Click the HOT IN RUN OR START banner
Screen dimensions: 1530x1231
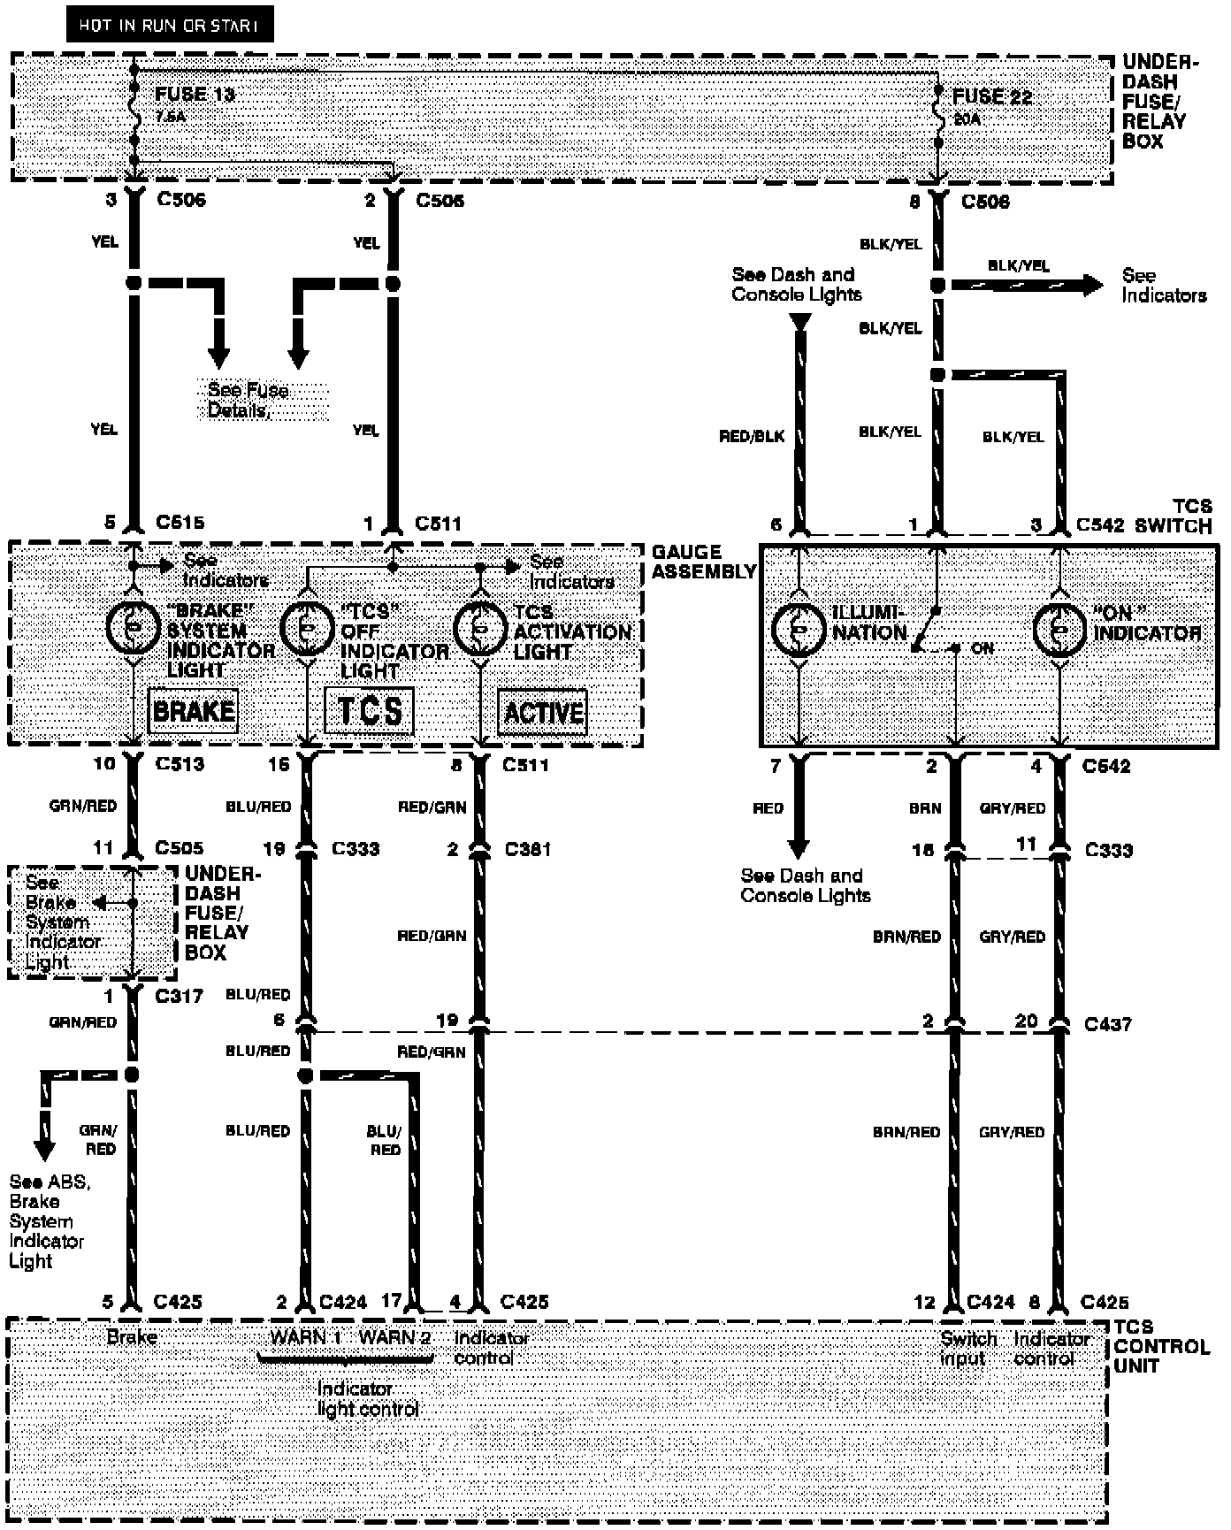pos(169,25)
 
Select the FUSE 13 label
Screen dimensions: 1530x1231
pos(195,94)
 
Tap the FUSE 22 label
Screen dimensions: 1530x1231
pos(992,96)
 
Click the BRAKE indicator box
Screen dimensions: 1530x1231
pos(194,711)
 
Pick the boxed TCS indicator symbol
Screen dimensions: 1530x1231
pos(369,711)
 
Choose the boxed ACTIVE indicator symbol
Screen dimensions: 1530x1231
pos(543,712)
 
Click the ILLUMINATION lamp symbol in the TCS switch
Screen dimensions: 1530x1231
pos(799,629)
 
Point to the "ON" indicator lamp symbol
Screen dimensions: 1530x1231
pos(1059,630)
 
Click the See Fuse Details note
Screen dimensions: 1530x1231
pos(249,401)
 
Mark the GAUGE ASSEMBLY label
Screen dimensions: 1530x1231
pos(704,562)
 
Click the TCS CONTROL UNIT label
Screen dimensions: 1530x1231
pos(1160,1346)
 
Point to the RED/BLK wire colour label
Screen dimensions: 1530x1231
pos(752,437)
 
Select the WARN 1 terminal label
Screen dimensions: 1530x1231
pos(306,1336)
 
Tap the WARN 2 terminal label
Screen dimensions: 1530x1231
pos(394,1336)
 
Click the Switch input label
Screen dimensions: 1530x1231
pos(967,1348)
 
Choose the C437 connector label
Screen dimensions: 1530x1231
pos(1107,1024)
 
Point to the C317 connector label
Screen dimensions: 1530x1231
pos(180,996)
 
